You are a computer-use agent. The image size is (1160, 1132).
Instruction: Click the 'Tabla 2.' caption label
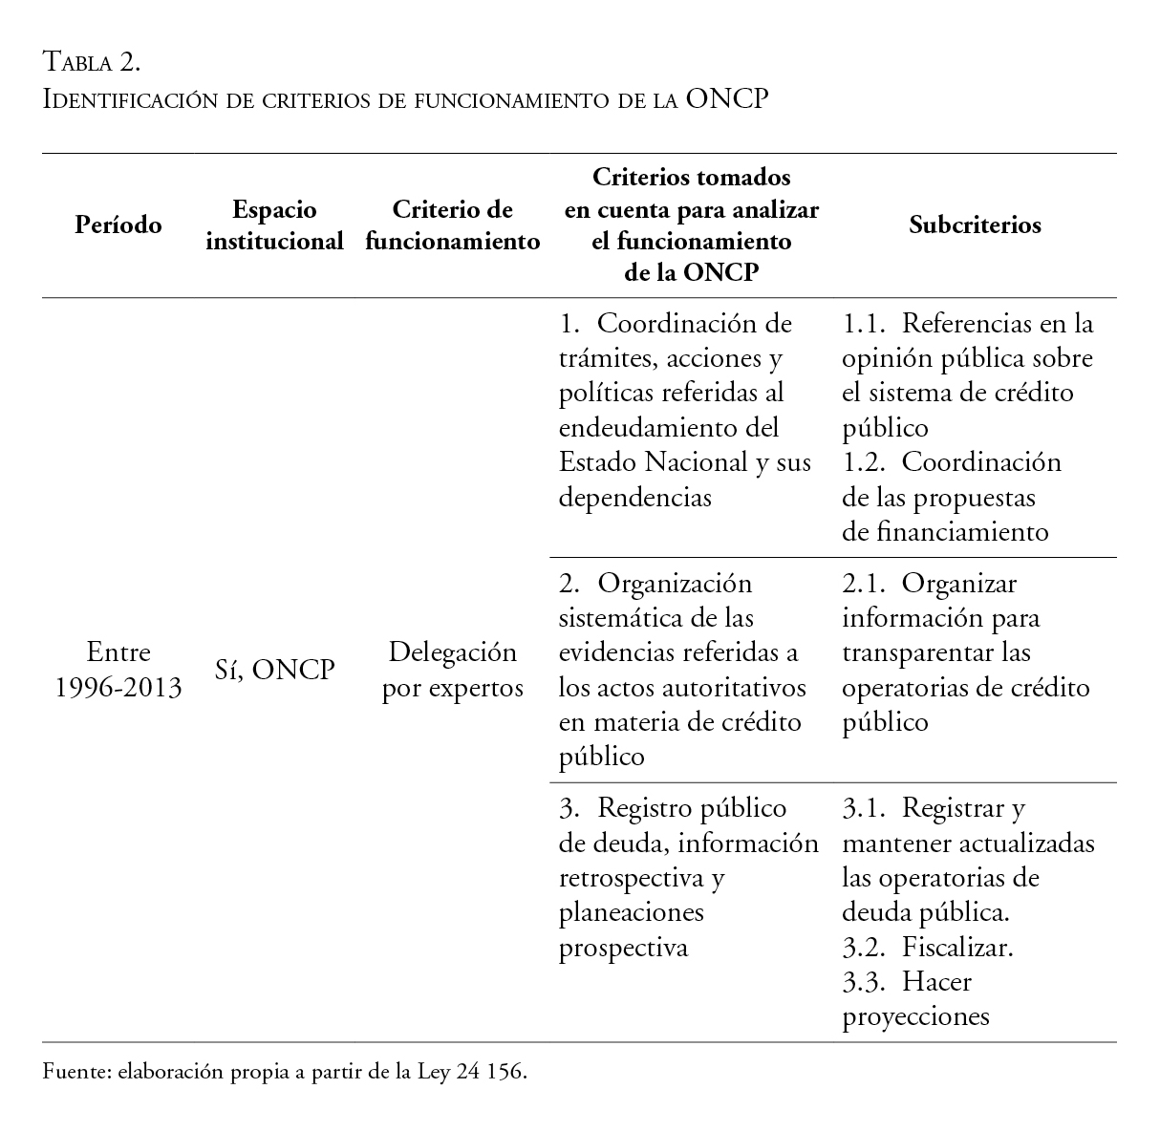coord(92,63)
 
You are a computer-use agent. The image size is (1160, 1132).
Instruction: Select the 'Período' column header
coord(118,225)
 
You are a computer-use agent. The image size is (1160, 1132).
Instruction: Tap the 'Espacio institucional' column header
coord(274,225)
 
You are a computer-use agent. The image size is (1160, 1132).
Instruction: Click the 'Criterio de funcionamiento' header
coord(452,225)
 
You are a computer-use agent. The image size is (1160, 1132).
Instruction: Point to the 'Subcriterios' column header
coord(975,225)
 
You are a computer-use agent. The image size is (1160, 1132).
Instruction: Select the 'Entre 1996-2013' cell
coord(118,671)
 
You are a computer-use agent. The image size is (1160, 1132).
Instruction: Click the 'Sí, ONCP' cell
coord(274,671)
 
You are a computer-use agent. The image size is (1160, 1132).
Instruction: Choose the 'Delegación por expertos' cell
coord(452,671)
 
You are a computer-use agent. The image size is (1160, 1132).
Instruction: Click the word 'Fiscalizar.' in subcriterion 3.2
coord(957,948)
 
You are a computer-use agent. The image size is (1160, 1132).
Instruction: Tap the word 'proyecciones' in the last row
coord(915,1016)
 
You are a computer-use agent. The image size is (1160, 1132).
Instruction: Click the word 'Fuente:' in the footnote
coord(76,1072)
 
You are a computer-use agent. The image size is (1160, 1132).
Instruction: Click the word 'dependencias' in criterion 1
coord(634,498)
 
